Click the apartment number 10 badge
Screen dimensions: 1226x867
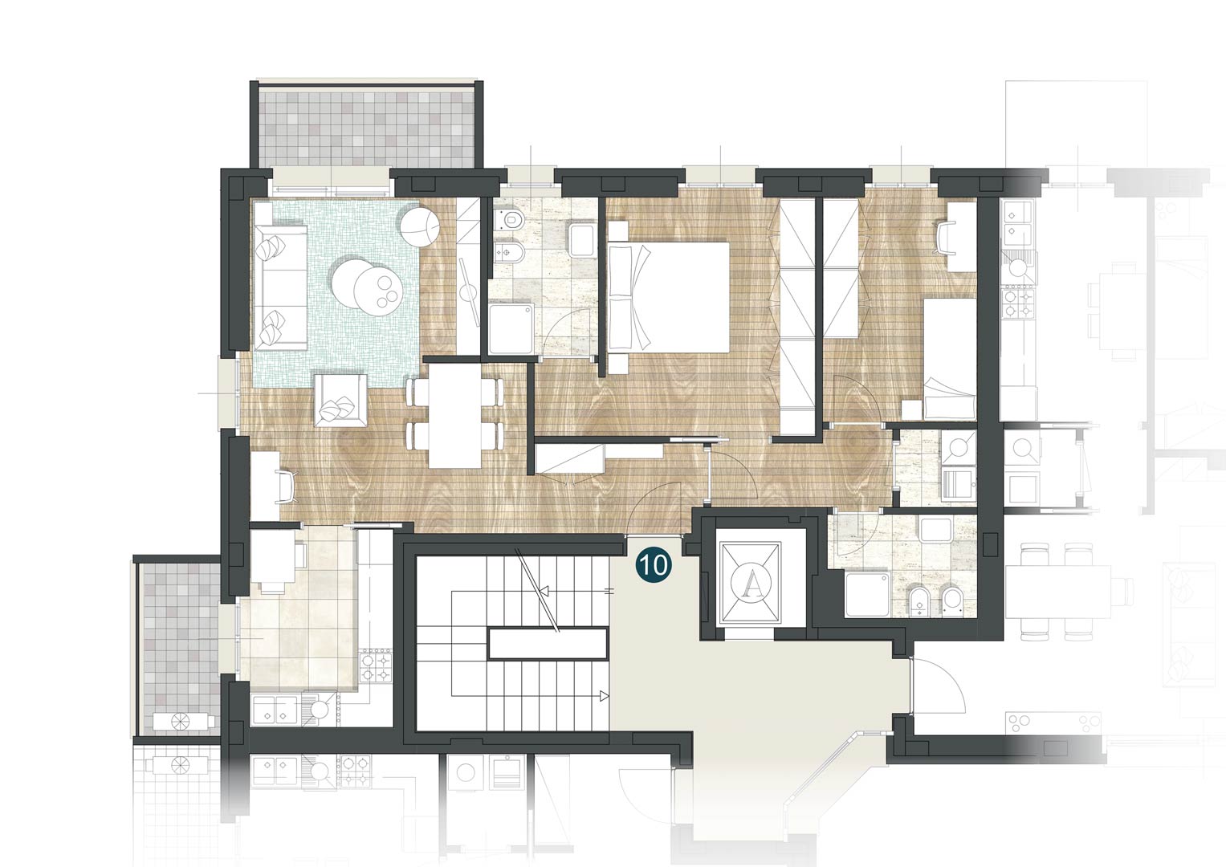coord(654,564)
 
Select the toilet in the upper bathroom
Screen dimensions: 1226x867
coord(508,219)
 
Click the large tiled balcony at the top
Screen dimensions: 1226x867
coord(366,128)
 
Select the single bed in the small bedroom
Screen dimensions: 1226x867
coord(950,359)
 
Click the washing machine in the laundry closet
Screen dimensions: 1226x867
coord(958,447)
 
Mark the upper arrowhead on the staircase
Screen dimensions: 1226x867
coord(544,591)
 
